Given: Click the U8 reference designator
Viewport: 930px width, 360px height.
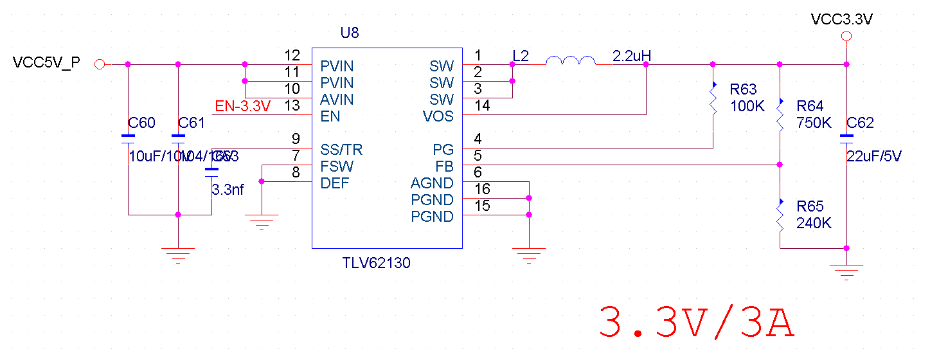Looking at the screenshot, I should (x=350, y=33).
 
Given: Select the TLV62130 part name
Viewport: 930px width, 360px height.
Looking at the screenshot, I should (x=377, y=263).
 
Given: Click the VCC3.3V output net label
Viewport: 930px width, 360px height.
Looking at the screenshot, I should (x=842, y=19).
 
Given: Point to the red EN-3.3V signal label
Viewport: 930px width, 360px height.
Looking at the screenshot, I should (x=242, y=107).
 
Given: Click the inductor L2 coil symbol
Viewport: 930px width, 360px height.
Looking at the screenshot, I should (x=570, y=61).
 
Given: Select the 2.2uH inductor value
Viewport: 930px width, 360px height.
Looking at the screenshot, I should (x=632, y=56).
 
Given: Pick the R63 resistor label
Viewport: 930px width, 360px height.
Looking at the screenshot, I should (x=744, y=89).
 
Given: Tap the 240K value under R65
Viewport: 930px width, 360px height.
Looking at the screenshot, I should (x=814, y=223).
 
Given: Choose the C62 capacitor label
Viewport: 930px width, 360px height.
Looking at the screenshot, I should (x=861, y=123).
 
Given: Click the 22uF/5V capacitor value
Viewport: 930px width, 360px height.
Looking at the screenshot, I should (x=874, y=156).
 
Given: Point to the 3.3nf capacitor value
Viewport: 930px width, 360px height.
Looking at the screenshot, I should (x=228, y=190).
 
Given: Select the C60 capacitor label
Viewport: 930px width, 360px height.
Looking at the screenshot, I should (x=141, y=123).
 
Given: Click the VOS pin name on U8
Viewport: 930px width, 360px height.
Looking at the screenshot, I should (x=438, y=116).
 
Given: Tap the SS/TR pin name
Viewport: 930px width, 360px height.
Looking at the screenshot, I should (x=341, y=150).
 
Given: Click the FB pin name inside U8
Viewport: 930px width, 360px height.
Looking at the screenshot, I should (x=444, y=166).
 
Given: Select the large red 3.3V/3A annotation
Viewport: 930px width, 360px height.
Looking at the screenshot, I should (x=697, y=323).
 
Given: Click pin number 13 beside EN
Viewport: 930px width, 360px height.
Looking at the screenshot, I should (x=292, y=106).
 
